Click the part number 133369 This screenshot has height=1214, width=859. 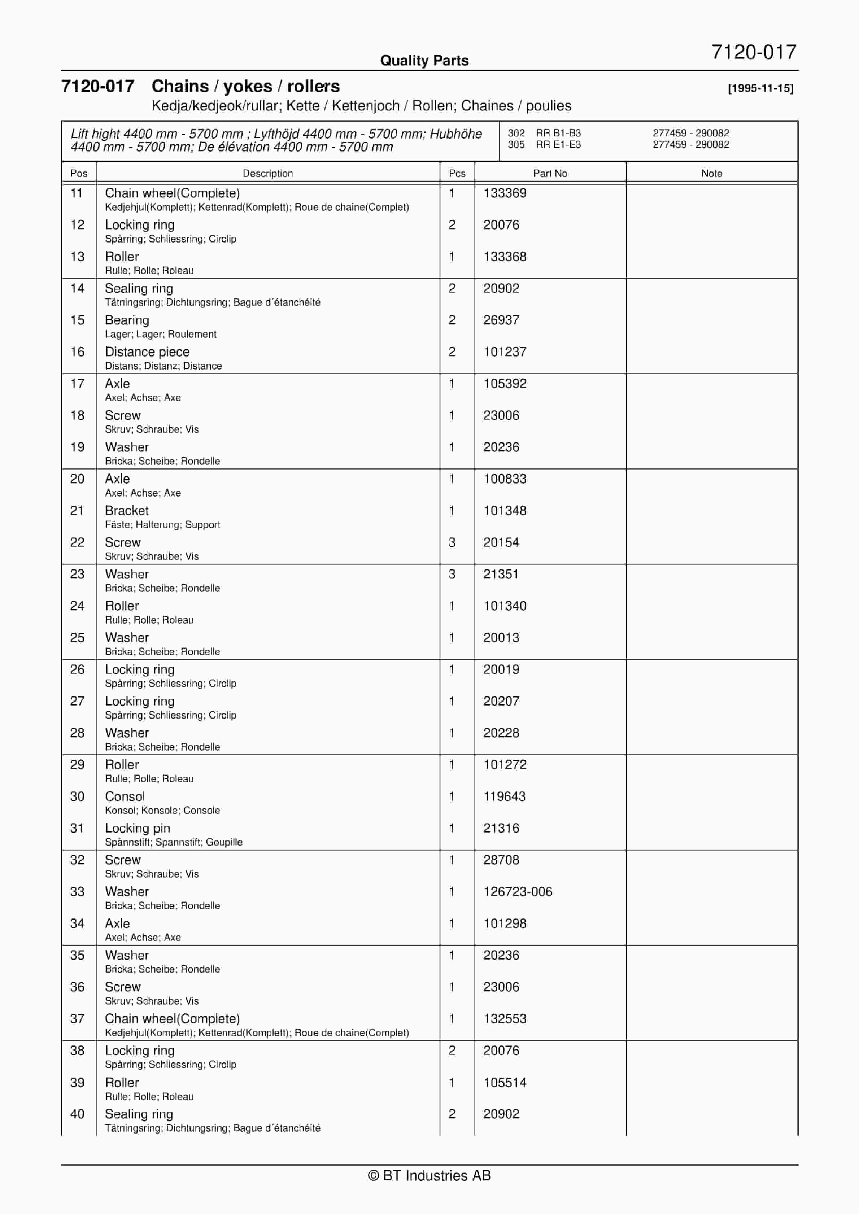[505, 193]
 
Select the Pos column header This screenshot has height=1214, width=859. [78, 174]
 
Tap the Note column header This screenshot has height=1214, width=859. [711, 174]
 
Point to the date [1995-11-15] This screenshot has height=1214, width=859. [760, 88]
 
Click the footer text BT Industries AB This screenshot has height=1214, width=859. [429, 1175]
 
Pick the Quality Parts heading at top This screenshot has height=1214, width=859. [424, 60]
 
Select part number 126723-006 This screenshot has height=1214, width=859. [517, 891]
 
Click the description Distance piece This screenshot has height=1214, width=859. [147, 351]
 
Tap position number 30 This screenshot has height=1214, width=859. [77, 796]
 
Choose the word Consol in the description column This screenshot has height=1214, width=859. [125, 796]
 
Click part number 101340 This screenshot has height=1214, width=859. [505, 606]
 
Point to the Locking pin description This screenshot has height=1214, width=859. [138, 828]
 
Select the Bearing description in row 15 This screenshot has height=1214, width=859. [127, 320]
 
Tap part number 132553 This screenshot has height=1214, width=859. [505, 1018]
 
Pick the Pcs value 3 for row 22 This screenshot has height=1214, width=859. [452, 542]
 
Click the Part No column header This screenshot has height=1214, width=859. [550, 174]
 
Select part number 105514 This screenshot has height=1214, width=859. [505, 1082]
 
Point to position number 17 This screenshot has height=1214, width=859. [77, 383]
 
